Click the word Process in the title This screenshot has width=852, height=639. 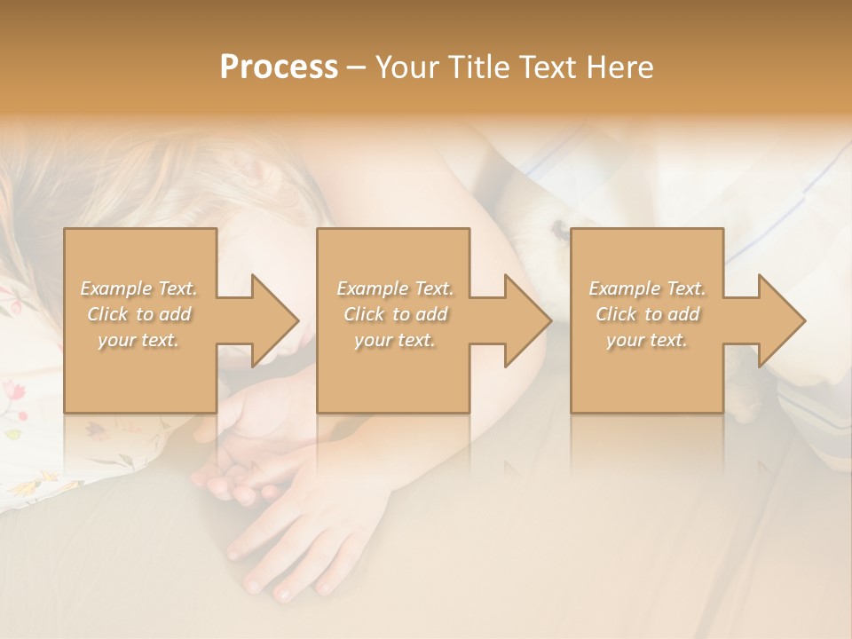click(279, 67)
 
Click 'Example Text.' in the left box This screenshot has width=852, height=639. click(139, 288)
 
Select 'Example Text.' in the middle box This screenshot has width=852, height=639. click(395, 288)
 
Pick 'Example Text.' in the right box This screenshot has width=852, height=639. click(647, 288)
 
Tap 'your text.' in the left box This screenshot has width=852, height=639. click(138, 340)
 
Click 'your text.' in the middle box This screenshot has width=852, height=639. click(395, 340)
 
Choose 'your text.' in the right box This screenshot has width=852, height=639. click(647, 340)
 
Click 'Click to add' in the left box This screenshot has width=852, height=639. click(139, 314)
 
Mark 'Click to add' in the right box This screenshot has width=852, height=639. click(647, 314)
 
